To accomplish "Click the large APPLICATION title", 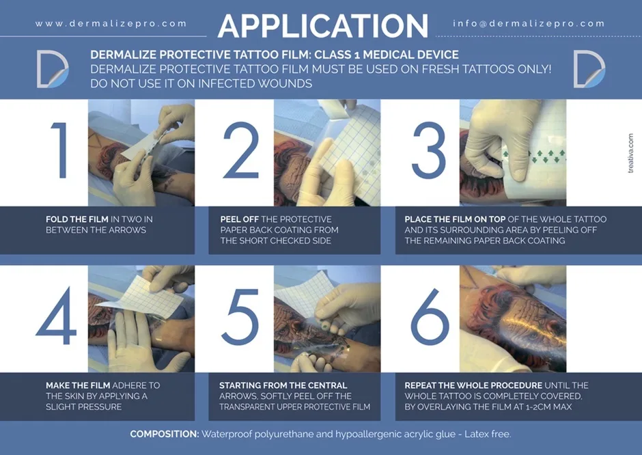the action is [x=323, y=26].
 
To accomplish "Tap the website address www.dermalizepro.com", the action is [x=111, y=24].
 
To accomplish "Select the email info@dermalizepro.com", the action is [x=529, y=24].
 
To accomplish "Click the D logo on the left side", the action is [x=53, y=69].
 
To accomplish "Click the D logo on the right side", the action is [x=589, y=69].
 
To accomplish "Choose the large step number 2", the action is [x=242, y=150].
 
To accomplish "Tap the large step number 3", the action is [x=429, y=151].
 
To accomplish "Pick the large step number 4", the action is [x=57, y=316].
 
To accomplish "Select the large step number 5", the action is [x=240, y=317].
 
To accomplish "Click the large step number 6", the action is [x=430, y=316].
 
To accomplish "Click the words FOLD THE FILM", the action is [x=77, y=219].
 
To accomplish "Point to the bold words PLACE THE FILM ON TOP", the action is [x=455, y=219].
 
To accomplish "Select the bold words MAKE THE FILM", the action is [x=78, y=385].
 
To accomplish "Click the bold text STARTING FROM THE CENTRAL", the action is [x=283, y=385].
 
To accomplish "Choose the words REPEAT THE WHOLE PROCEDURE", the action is [x=473, y=385].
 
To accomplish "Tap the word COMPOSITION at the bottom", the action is [x=165, y=434].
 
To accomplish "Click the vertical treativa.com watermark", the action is [x=630, y=153].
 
